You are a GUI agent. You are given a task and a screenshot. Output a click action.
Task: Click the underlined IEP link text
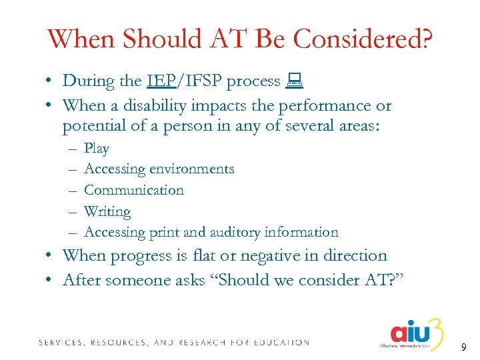pos(161,81)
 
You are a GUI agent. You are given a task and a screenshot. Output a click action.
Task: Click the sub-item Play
pos(97,149)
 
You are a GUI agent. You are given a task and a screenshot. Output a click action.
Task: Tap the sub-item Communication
pos(133,190)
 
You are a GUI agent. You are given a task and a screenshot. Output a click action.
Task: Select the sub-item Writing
pos(107,211)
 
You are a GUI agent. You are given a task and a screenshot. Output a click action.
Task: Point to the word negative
pos(286,256)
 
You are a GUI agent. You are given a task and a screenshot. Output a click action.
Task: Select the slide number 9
pos(462,347)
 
